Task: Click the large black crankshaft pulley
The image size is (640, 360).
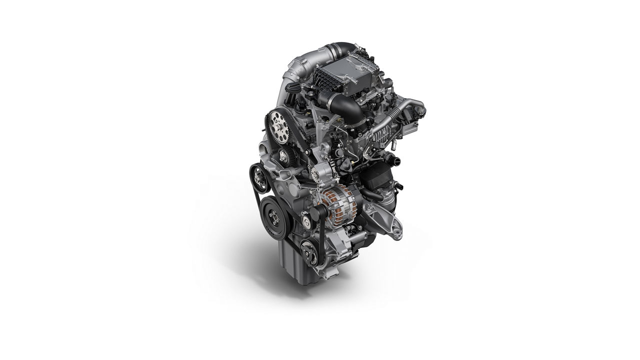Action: pyautogui.click(x=275, y=216)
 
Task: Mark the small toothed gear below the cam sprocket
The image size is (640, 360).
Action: pyautogui.click(x=283, y=154)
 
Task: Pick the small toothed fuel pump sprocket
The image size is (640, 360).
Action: pyautogui.click(x=283, y=154)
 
